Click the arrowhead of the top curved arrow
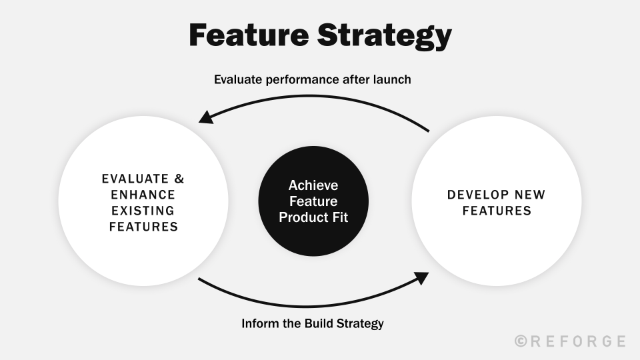[206, 118]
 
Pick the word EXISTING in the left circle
[143, 211]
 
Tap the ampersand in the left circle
[177, 179]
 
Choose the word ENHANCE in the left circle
[143, 195]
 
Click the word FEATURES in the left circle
[143, 227]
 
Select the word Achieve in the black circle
[313, 185]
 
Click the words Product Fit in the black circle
[313, 217]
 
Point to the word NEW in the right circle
[531, 195]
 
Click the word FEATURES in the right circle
[496, 211]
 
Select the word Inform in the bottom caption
[260, 324]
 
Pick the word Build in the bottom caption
[320, 324]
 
